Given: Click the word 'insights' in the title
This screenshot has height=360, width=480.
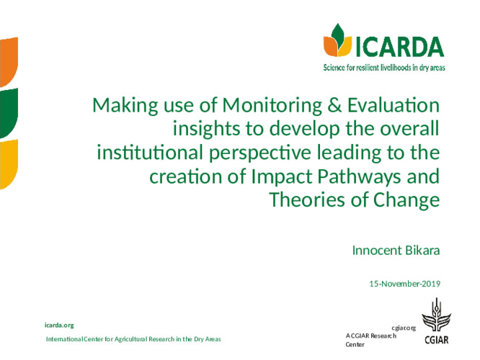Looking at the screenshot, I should point(203,130).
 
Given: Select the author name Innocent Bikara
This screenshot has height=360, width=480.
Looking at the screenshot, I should point(395,251).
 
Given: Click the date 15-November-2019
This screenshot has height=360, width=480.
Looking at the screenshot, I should point(404,284).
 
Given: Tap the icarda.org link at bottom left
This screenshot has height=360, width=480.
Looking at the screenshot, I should point(59,325).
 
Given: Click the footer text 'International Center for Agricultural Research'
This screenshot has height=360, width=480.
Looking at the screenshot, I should point(133,338).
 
